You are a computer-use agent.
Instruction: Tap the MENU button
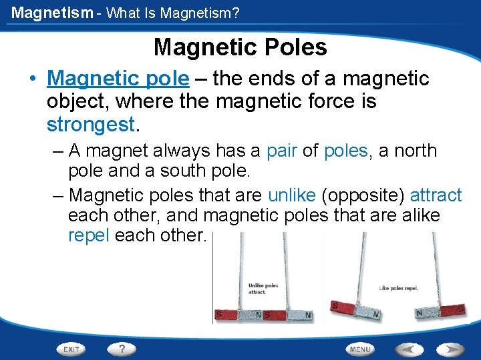tap(360, 349)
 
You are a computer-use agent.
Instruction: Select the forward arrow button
tap(450, 349)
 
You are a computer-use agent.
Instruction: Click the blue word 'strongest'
tap(91, 125)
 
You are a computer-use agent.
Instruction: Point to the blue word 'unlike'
tap(292, 195)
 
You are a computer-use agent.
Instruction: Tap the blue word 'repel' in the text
tap(89, 235)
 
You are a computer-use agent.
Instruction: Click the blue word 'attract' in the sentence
tap(436, 195)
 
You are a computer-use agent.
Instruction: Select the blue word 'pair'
tap(282, 151)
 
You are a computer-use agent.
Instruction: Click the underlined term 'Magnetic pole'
tap(118, 79)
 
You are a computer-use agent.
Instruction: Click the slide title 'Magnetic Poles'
tap(240, 47)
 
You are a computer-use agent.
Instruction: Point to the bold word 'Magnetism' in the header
tap(51, 13)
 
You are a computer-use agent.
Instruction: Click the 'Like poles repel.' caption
tap(398, 288)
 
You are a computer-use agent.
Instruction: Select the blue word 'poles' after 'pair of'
tap(345, 151)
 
